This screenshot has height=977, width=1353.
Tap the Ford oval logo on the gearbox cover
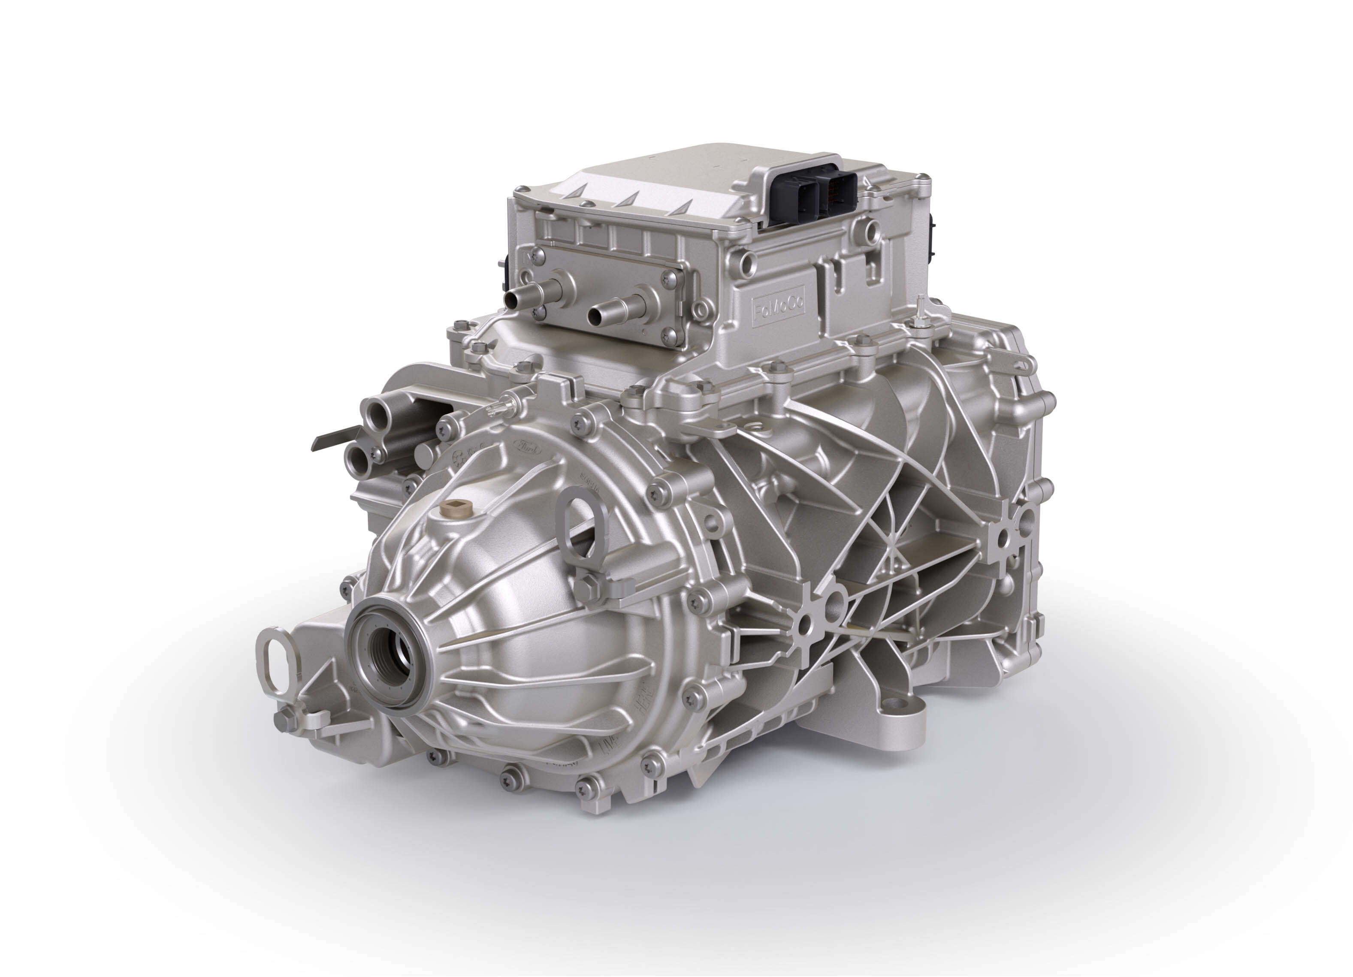pos(527,446)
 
